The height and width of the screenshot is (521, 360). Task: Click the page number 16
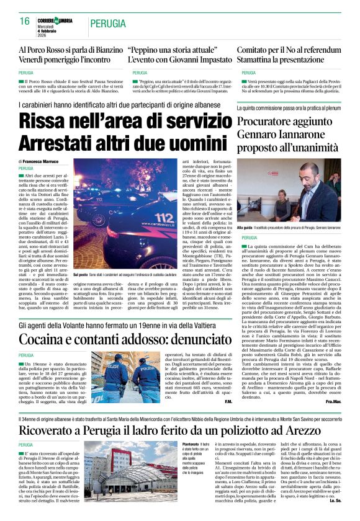tap(25, 22)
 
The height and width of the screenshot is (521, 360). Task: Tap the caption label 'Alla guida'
tap(245, 228)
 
